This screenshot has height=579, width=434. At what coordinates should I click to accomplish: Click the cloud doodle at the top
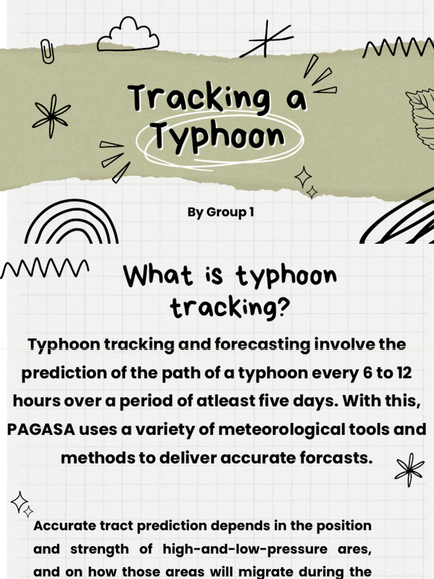[x=128, y=36]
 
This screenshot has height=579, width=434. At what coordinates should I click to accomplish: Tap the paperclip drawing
[x=47, y=51]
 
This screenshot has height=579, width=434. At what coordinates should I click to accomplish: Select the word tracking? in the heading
[x=229, y=308]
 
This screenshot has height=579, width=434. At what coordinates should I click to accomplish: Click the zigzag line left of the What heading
[x=45, y=268]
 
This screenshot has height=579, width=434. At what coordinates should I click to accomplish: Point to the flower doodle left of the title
[x=51, y=115]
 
